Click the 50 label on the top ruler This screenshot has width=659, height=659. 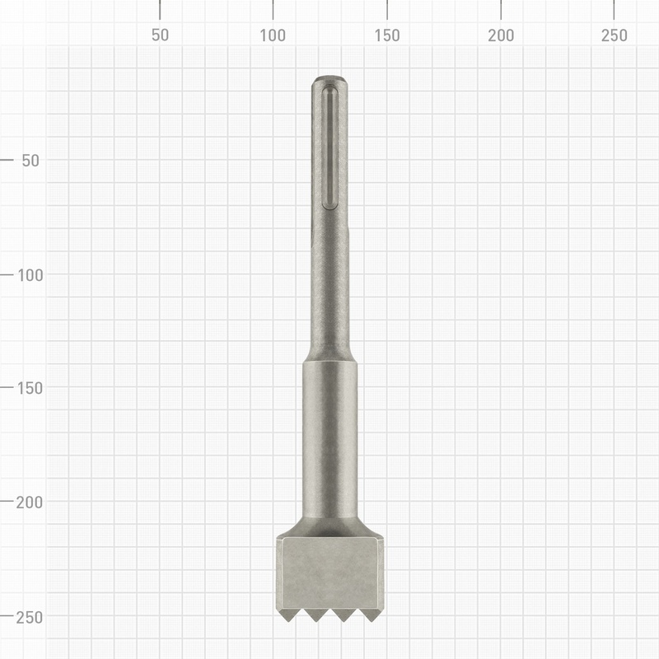pos(160,35)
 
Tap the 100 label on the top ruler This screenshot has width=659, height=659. pos(273,35)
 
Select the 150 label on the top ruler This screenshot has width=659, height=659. pos(387,35)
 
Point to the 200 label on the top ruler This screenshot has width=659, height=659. pos(501,35)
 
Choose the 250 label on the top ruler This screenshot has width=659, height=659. pos(614,35)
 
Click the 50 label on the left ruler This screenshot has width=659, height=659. pos(30,161)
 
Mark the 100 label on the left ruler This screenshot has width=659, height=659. pos(27,274)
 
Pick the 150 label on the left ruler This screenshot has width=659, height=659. pos(27,388)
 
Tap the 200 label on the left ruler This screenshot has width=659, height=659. pos(27,502)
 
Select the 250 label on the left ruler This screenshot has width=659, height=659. pos(27,616)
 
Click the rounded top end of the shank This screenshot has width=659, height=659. pos(329,80)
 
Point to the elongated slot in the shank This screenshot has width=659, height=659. pos(329,148)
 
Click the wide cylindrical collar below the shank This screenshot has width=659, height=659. pos(329,437)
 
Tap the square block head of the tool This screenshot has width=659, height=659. pos(329,573)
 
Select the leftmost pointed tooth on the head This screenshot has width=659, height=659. pos(288,615)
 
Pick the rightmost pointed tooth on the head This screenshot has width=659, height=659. pos(371,615)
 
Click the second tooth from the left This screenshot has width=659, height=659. pos(315,615)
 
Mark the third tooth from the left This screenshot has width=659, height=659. pos(344,615)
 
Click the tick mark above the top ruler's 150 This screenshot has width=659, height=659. pos(387,10)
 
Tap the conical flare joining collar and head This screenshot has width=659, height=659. pos(329,526)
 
